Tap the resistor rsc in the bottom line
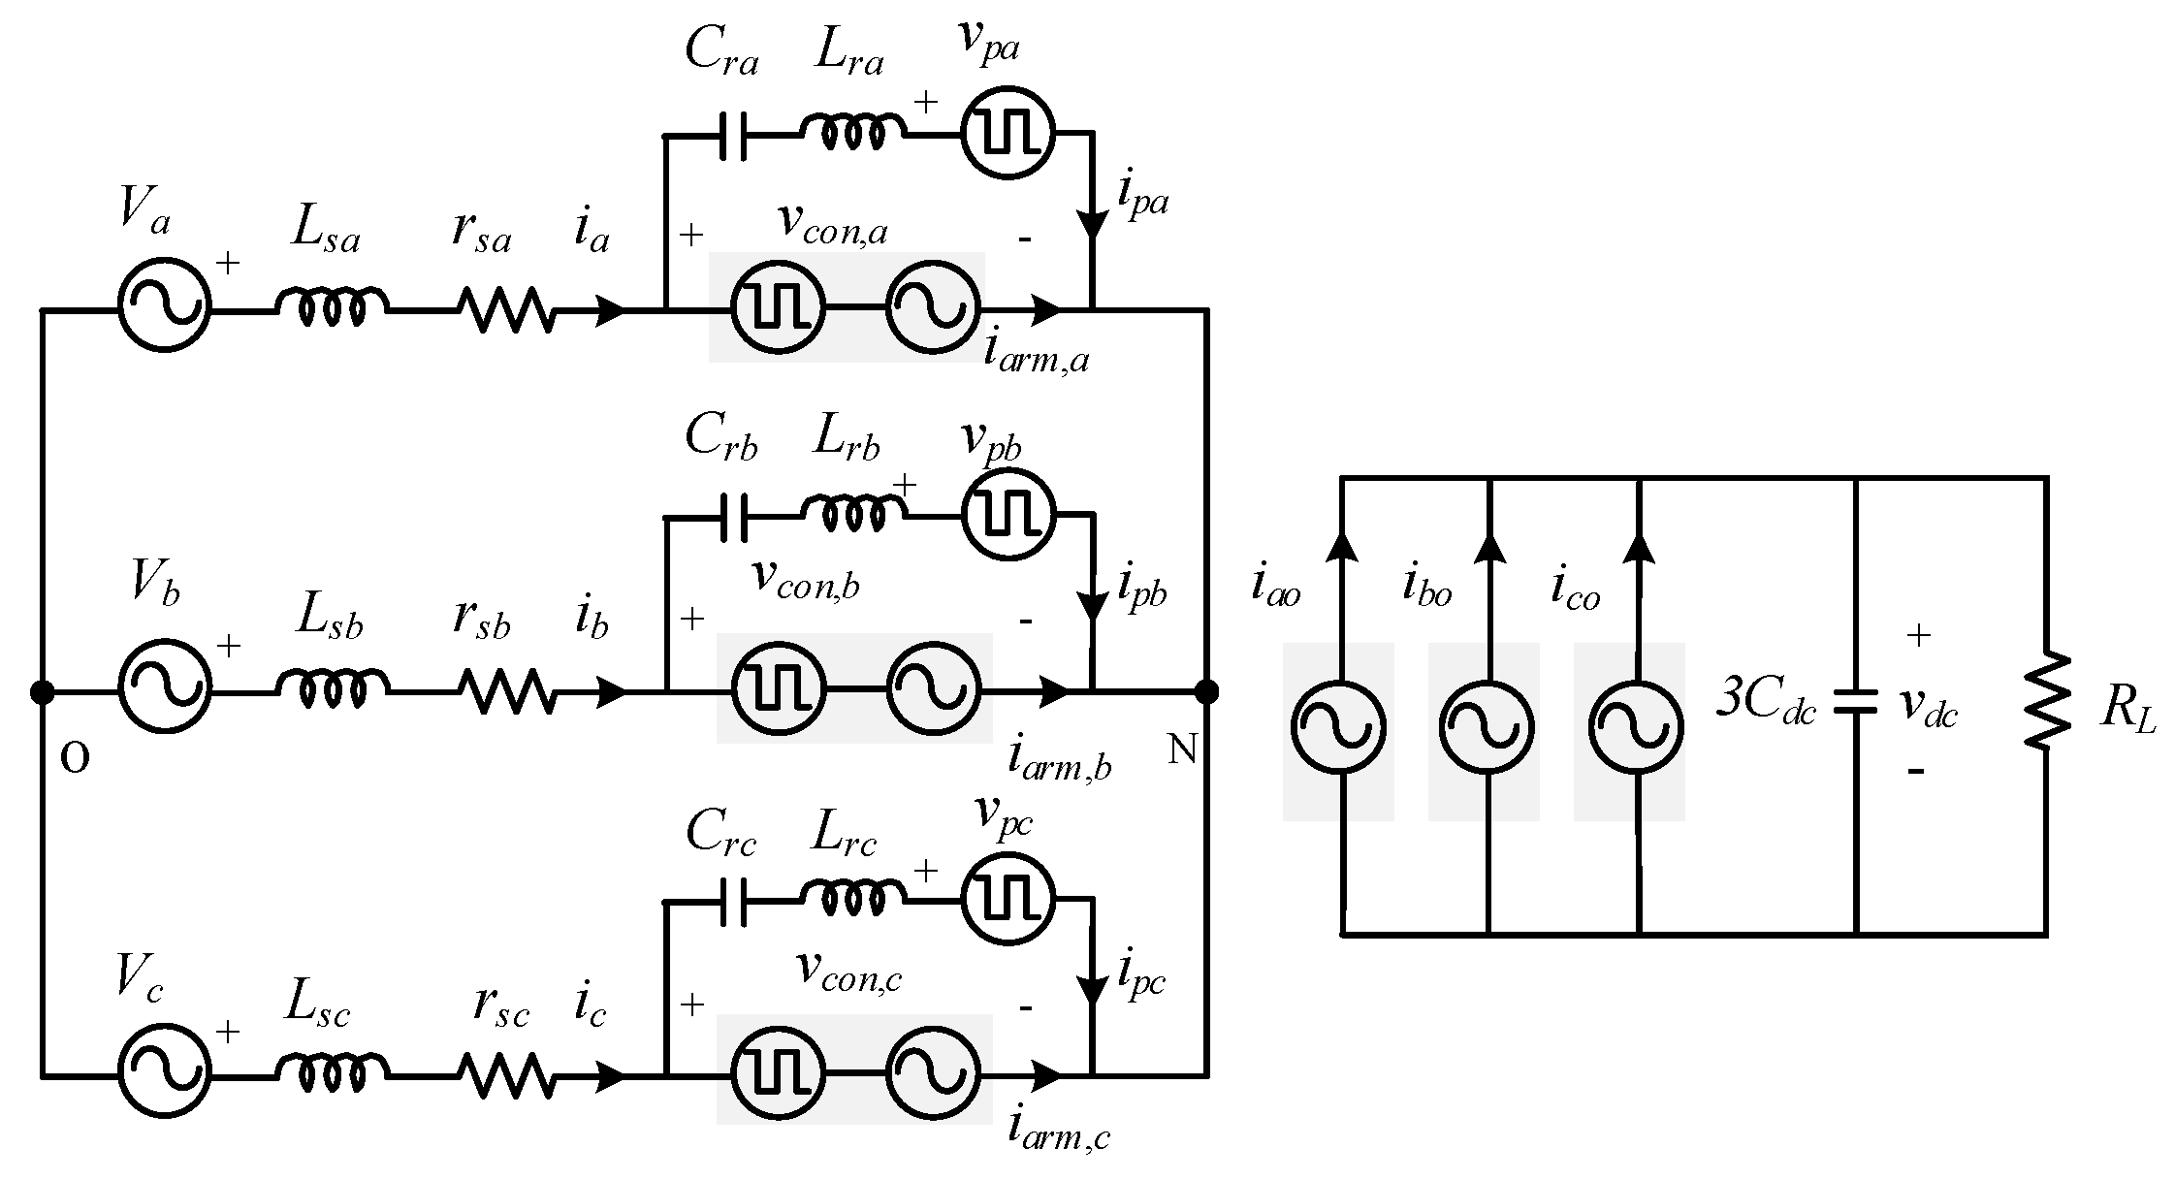[506, 1075]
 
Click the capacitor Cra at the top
[733, 135]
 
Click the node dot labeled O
[42, 692]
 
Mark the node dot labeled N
[1206, 692]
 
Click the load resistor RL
[2046, 701]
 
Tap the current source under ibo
[1487, 727]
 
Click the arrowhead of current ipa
[1093, 226]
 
